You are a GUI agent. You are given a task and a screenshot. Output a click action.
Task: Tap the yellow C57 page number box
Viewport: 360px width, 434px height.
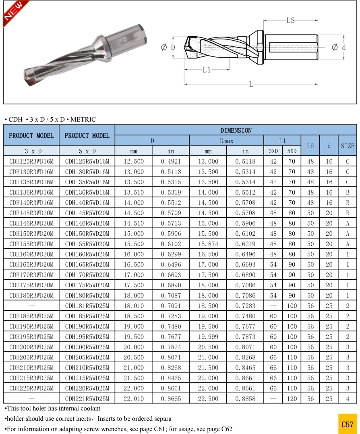click(347, 424)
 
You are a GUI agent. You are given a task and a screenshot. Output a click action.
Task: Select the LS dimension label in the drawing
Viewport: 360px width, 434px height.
click(290, 20)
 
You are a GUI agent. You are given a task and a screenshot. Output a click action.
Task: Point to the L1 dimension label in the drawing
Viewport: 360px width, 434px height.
click(207, 70)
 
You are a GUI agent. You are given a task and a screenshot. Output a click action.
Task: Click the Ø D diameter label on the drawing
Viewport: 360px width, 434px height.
click(168, 47)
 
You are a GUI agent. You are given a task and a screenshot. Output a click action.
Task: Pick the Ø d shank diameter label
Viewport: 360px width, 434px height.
click(338, 47)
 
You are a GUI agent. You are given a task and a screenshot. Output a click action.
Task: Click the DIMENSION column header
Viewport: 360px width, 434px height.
click(236, 130)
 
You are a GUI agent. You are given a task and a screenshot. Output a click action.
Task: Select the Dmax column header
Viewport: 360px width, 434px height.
click(226, 141)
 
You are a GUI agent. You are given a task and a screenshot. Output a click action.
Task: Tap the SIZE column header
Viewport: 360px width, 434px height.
click(347, 146)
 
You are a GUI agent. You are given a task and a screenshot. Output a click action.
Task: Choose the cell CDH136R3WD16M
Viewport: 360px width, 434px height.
click(31, 193)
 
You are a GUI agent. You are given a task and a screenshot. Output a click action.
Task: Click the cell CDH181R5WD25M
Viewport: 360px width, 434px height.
click(87, 306)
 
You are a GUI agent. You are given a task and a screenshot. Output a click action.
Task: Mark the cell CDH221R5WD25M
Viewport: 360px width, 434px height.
click(87, 399)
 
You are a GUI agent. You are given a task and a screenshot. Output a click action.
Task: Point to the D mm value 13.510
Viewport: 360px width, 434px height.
click(133, 193)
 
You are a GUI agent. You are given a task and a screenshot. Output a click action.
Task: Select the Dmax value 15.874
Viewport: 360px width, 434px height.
click(208, 244)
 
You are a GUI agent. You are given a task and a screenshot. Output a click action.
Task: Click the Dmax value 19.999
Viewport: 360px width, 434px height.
click(208, 337)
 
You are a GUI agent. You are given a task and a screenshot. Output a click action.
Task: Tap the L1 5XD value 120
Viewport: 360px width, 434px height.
click(292, 399)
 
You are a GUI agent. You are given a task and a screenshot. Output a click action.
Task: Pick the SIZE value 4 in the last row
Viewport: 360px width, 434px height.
click(348, 399)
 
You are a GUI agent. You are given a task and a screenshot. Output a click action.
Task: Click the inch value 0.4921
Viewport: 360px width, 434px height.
click(171, 162)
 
